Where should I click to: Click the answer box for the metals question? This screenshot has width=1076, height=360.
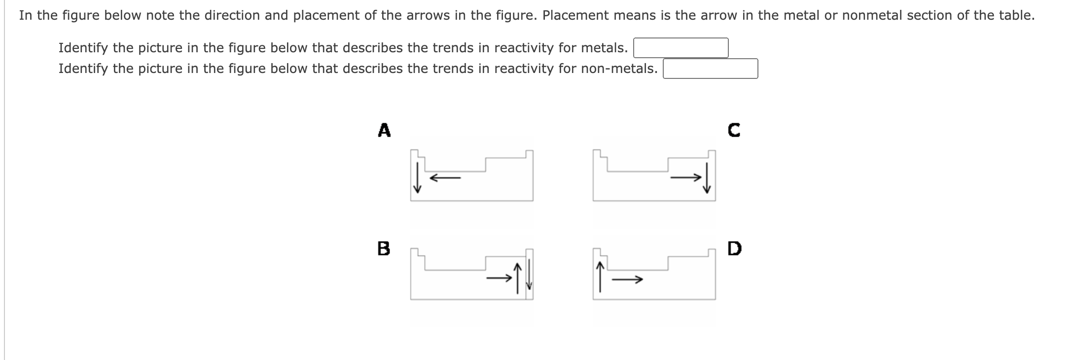click(681, 48)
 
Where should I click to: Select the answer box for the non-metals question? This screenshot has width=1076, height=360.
click(710, 69)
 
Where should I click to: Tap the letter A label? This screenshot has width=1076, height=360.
click(384, 130)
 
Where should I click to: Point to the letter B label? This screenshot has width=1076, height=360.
click(383, 248)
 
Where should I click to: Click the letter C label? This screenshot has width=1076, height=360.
click(733, 130)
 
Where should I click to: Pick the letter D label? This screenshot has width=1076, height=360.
click(734, 248)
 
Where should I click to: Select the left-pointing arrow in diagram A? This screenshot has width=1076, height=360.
click(445, 178)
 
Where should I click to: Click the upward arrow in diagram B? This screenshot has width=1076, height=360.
click(517, 279)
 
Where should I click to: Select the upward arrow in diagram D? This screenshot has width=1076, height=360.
click(600, 277)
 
